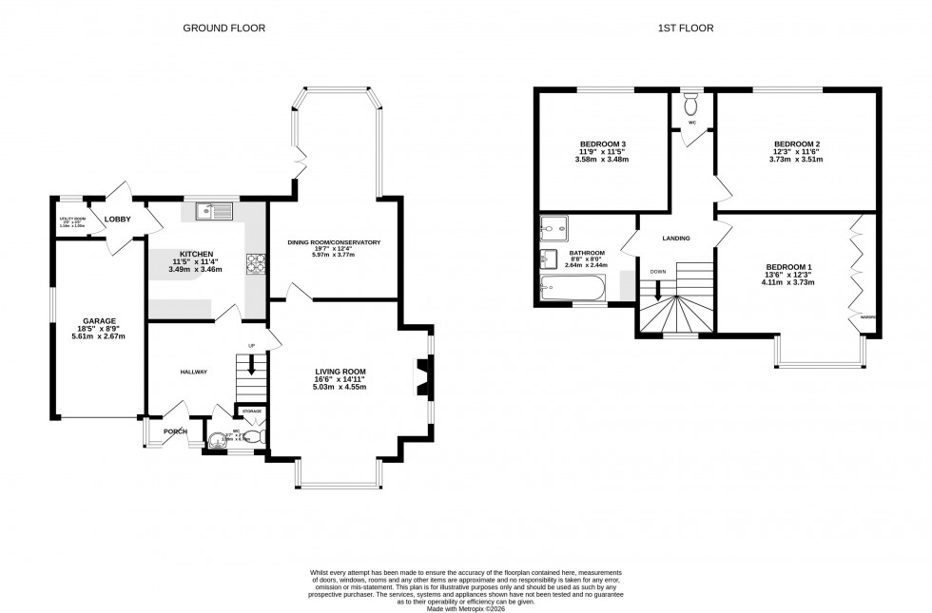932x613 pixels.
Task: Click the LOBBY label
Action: point(118,219)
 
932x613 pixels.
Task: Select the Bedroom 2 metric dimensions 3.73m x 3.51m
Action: point(796,160)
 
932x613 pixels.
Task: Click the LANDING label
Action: point(676,238)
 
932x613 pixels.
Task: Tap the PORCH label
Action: point(175,431)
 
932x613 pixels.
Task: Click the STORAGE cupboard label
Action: point(251,411)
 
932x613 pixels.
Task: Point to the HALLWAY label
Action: point(193,372)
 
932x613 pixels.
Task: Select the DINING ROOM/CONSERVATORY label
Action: point(334,242)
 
